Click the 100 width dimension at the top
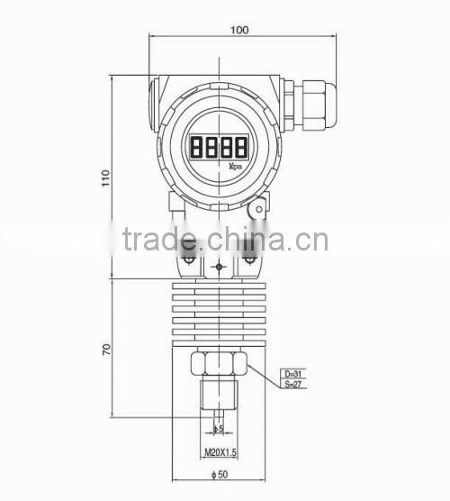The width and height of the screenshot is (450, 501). [x=238, y=30]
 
